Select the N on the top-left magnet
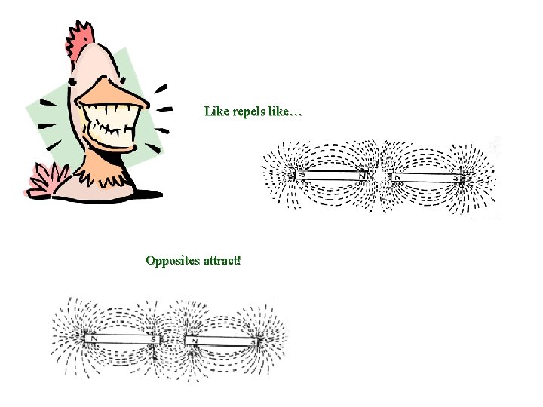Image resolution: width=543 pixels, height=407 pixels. (363, 176)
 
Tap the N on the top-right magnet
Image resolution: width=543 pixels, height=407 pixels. (397, 178)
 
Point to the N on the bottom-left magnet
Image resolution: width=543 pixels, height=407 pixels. (95, 338)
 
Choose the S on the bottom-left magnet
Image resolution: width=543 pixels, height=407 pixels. (154, 340)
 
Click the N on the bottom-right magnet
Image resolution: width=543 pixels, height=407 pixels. (195, 341)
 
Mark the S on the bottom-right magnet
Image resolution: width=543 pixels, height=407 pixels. (255, 343)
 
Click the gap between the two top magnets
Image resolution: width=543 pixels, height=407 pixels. (380, 177)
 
